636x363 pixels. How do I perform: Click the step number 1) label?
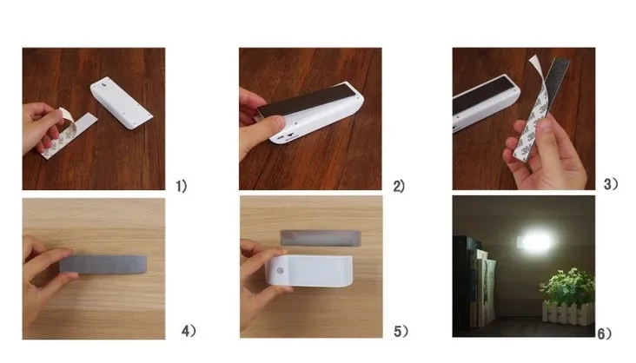181,186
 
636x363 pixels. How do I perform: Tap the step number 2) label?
399,186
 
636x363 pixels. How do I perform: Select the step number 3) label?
611,184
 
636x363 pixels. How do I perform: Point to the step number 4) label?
189,331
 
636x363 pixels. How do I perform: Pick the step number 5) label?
401,332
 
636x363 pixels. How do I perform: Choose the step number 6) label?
605,333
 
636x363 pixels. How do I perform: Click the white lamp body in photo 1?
121,102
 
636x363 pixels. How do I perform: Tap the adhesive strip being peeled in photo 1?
69,134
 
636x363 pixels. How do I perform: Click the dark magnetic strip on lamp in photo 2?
306,99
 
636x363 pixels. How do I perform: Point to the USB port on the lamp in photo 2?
290,135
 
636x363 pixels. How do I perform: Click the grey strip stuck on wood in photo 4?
103,264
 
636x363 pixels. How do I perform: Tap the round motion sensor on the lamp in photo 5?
281,271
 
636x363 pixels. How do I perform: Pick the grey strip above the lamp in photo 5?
321,238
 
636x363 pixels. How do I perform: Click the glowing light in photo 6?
534,242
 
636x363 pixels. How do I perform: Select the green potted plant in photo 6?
567,287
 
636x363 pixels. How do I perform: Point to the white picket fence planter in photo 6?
569,313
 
